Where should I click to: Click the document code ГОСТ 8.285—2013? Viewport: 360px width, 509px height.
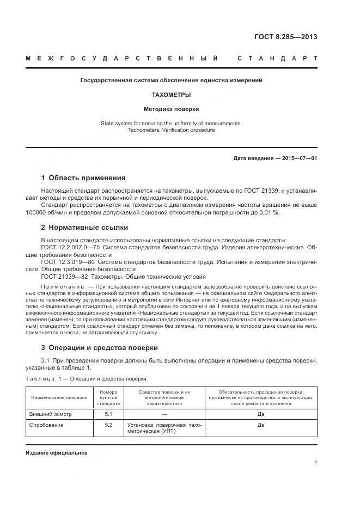point(285,37)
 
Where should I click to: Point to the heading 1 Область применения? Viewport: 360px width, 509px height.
point(83,178)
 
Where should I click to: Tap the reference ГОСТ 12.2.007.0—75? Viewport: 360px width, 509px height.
point(70,248)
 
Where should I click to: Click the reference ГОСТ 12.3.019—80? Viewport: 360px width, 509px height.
point(68,262)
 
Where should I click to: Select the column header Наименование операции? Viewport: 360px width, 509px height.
point(59,397)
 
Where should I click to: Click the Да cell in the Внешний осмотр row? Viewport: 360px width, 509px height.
point(260,414)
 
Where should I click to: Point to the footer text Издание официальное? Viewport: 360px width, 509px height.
point(57,453)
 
